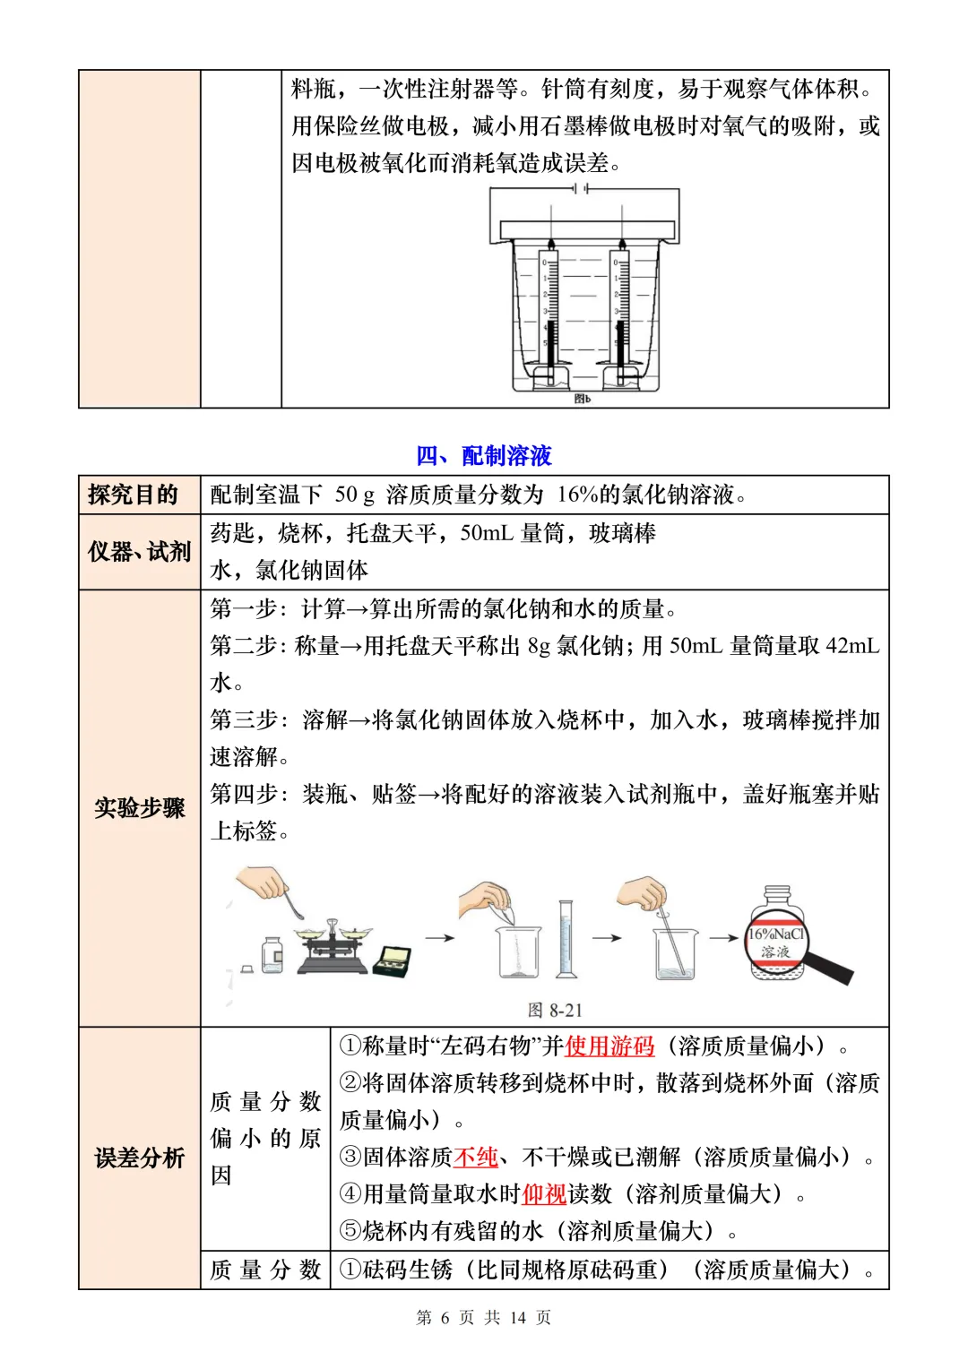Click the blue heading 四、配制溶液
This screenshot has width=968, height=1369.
coord(484,456)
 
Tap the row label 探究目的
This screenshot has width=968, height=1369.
coord(133,495)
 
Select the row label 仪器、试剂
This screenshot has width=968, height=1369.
coord(139,552)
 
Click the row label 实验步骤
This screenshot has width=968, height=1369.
coord(139,808)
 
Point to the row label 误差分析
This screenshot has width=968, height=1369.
coord(139,1158)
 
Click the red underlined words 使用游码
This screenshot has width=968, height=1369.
coord(609,1046)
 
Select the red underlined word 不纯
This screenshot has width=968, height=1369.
coord(476,1157)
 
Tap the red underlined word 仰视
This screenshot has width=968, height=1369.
coord(544,1194)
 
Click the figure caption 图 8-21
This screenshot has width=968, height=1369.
coord(555,1010)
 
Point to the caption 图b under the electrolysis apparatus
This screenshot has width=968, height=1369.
coord(583,399)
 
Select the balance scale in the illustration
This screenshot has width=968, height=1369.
coord(333,948)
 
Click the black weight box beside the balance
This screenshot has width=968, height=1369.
coord(393,960)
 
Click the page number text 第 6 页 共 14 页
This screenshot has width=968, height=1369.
coord(484,1317)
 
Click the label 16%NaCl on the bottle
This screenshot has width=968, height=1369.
coord(776,934)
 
